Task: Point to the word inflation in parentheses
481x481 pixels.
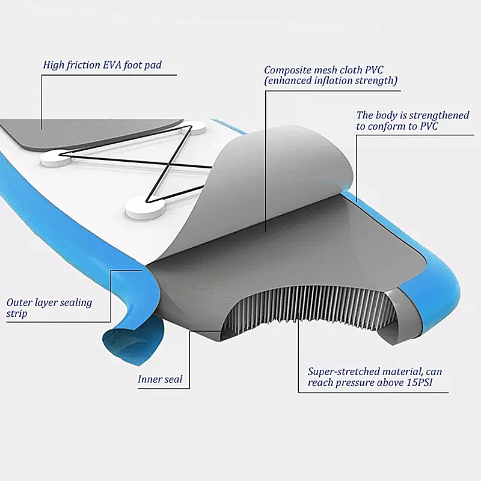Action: point(328,81)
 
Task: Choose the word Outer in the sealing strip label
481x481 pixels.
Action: point(19,302)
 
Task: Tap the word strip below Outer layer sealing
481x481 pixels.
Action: point(17,314)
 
